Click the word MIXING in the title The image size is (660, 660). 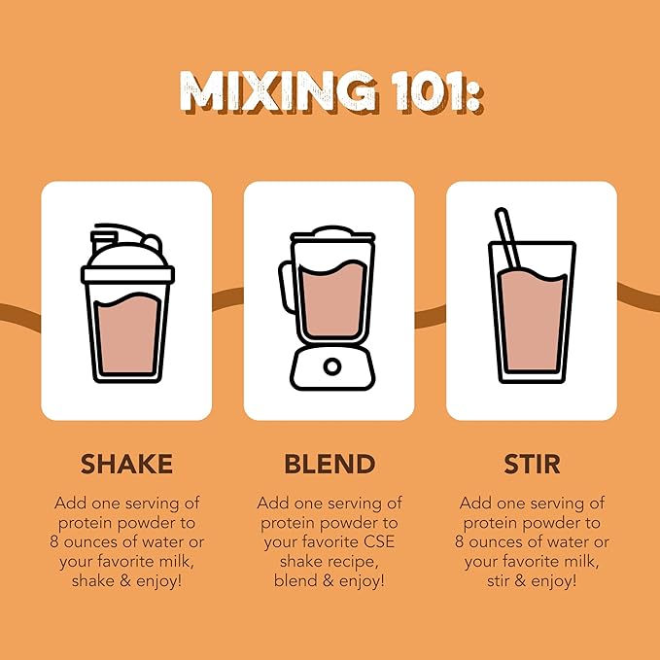pos(278,91)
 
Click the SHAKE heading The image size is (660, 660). pos(126,464)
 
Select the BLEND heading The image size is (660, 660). pos(330,464)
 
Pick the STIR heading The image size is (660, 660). pos(532,464)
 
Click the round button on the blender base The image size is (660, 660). pos(332,366)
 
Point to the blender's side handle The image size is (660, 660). pos(286,287)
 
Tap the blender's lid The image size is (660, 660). pos(332,234)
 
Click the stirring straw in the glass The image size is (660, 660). pos(508,238)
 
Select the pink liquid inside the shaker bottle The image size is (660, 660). pos(127,333)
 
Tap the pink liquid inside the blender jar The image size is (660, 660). pos(332,298)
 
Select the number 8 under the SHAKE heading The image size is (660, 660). pos(53,541)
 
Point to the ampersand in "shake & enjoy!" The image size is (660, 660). pos(125,581)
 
